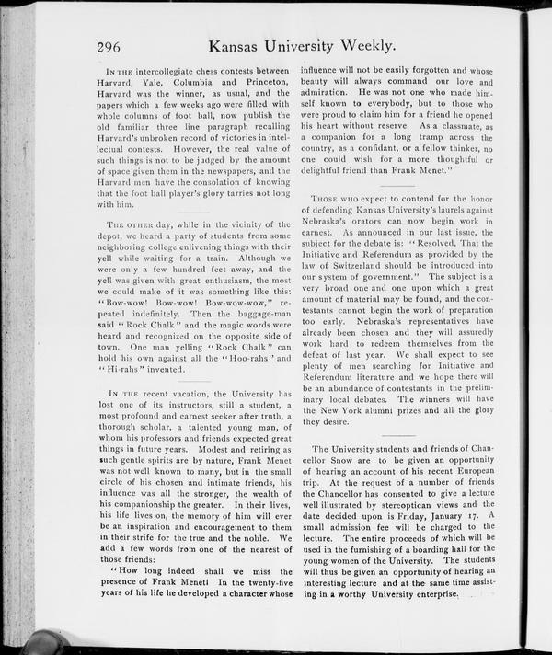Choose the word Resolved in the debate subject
click(444, 240)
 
